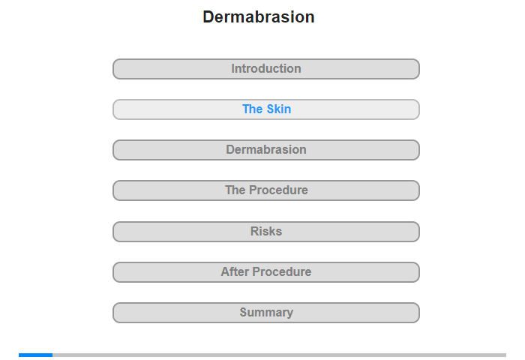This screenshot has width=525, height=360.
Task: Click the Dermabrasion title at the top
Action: point(259,16)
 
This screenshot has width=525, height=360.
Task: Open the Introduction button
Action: point(266,69)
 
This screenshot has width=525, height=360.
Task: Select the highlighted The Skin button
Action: point(266,109)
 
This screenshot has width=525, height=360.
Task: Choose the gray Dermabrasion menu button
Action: point(266,150)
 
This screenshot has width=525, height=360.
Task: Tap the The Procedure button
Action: point(266,190)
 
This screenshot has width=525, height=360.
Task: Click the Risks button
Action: point(266,232)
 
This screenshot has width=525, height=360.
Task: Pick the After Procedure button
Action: point(266,272)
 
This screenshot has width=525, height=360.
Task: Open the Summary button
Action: point(266,313)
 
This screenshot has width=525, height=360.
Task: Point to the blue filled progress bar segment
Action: point(35,355)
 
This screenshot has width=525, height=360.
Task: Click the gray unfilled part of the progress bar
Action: point(279,355)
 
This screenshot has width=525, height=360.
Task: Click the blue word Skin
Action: point(279,109)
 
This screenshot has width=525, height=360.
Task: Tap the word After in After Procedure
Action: point(235,271)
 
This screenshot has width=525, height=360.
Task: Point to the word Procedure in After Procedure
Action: point(282,271)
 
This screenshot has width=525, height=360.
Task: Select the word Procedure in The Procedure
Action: point(278,190)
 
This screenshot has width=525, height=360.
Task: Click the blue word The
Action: point(253,109)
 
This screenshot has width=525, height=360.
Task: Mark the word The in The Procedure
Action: point(235,190)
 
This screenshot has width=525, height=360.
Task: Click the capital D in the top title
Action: point(208,16)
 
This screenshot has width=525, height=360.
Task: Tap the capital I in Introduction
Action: point(233,69)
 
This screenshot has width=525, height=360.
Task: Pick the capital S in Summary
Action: point(244,312)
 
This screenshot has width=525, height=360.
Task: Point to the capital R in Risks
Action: point(255,231)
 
